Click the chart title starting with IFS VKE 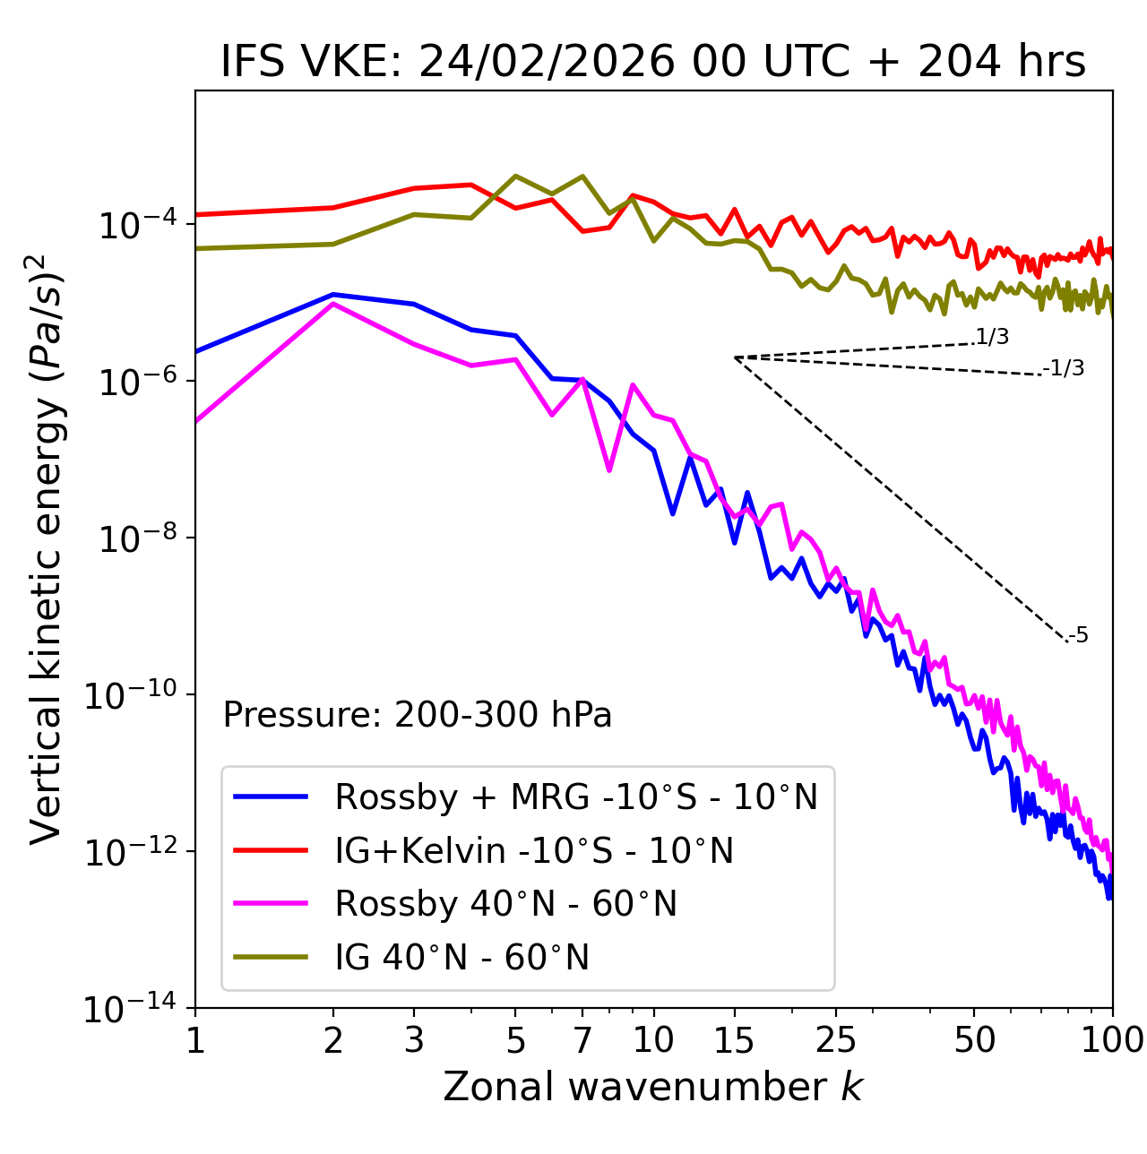[x=653, y=63]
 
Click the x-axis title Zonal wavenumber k [x=653, y=1086]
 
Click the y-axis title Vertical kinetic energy [x=47, y=548]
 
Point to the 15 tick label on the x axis [x=734, y=1039]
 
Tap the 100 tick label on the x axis [x=1112, y=1039]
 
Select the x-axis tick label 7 [x=582, y=1039]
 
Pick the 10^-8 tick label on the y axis [x=135, y=538]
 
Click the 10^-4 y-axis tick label [x=135, y=225]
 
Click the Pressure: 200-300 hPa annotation [x=417, y=715]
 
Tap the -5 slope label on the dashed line [x=1079, y=636]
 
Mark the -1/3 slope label [x=1065, y=368]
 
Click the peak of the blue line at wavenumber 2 [x=333, y=294]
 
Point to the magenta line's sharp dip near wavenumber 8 [x=609, y=469]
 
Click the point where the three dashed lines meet [x=735, y=357]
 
